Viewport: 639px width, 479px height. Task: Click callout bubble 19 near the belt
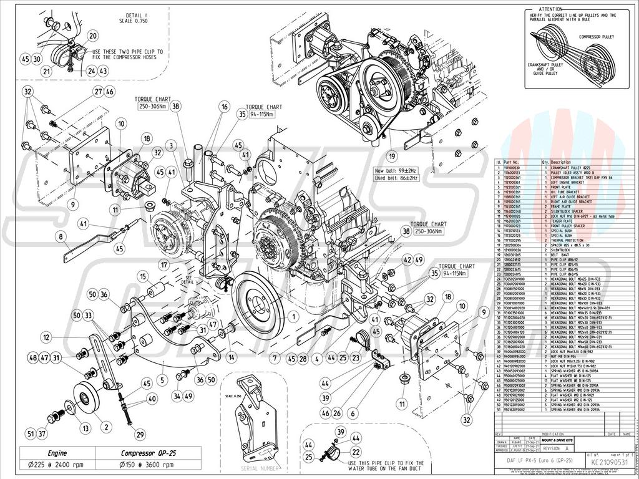[392, 156]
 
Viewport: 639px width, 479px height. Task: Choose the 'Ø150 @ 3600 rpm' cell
[147, 465]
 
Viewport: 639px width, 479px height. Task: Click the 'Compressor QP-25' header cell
[147, 453]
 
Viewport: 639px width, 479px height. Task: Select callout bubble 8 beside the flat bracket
[61, 236]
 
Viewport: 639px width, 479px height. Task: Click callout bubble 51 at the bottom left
[31, 433]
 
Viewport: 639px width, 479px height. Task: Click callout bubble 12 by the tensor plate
[46, 337]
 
